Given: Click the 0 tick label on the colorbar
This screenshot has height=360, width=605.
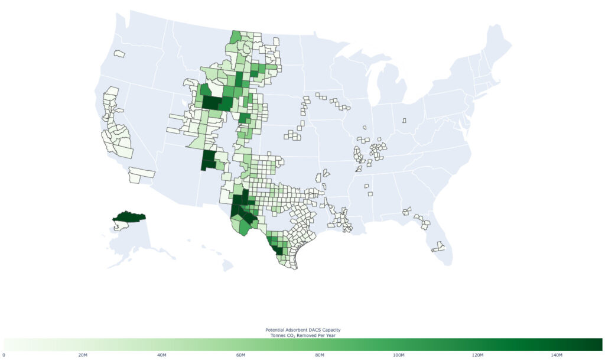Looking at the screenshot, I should tap(4, 355).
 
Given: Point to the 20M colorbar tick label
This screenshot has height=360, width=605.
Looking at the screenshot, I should tap(83, 355).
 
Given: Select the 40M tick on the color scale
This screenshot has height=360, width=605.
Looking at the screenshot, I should tap(162, 355).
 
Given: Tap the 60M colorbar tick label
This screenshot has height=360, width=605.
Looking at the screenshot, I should tap(240, 355).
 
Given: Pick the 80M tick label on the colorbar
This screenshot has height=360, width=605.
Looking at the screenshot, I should tap(320, 355).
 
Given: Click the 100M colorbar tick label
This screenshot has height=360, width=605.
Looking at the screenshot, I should tap(398, 355).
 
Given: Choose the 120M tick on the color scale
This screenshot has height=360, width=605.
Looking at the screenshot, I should tap(477, 355).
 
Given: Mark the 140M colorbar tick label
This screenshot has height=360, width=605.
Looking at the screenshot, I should tap(557, 355).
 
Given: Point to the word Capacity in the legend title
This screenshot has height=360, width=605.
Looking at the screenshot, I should tap(331, 329).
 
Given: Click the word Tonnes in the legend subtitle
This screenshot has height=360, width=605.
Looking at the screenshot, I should tap(276, 335).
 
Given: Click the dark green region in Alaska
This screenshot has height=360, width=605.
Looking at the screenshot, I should tap(129, 217).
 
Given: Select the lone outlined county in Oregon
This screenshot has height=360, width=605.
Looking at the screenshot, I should tap(119, 54).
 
